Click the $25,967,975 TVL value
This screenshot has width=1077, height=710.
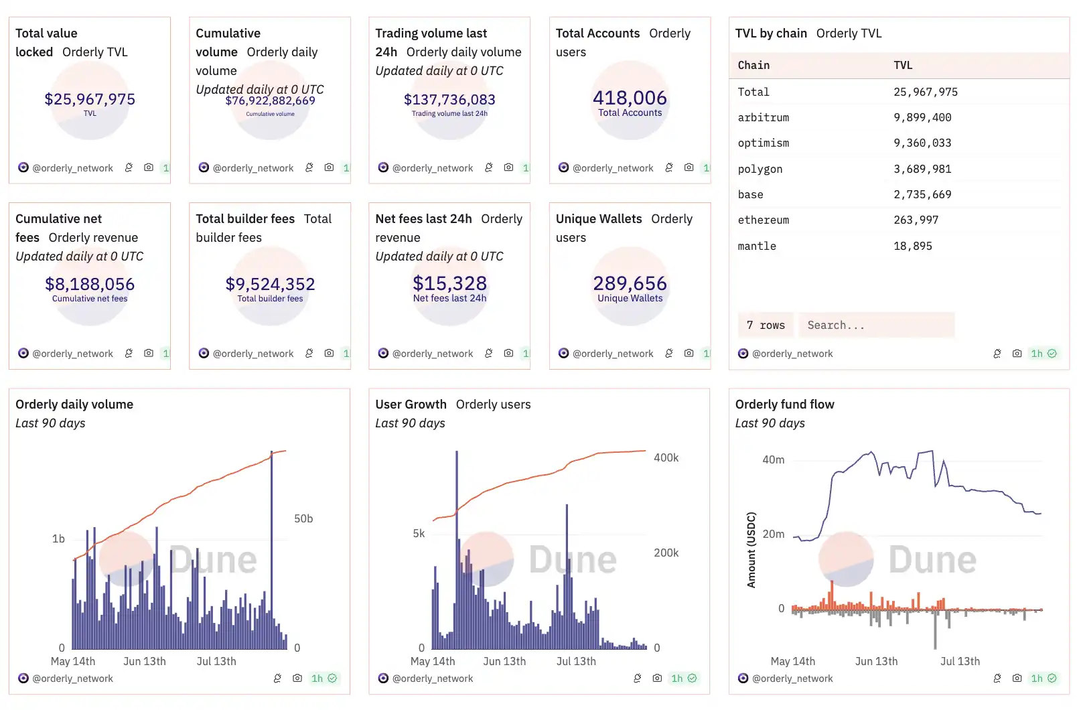90,99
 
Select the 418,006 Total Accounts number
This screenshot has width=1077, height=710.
630,98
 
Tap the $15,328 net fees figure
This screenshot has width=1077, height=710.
449,283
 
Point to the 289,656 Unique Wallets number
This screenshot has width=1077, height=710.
630,283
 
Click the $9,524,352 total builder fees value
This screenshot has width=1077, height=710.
270,284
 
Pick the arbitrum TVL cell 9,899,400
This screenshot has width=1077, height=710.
922,117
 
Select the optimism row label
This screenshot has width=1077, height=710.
763,143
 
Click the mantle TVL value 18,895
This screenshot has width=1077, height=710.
912,246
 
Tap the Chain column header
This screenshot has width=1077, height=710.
753,65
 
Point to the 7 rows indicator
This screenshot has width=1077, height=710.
766,325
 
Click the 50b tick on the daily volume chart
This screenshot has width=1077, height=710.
303,518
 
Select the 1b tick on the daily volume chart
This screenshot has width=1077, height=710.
58,539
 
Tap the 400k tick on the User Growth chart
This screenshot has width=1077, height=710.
666,457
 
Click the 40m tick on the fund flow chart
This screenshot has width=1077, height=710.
773,459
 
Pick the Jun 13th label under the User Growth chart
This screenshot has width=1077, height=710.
504,661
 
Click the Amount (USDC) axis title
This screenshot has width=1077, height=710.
751,550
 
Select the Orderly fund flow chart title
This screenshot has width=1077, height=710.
784,404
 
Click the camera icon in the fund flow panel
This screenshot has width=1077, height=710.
1017,678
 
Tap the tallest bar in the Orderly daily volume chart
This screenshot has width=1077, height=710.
271,549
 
